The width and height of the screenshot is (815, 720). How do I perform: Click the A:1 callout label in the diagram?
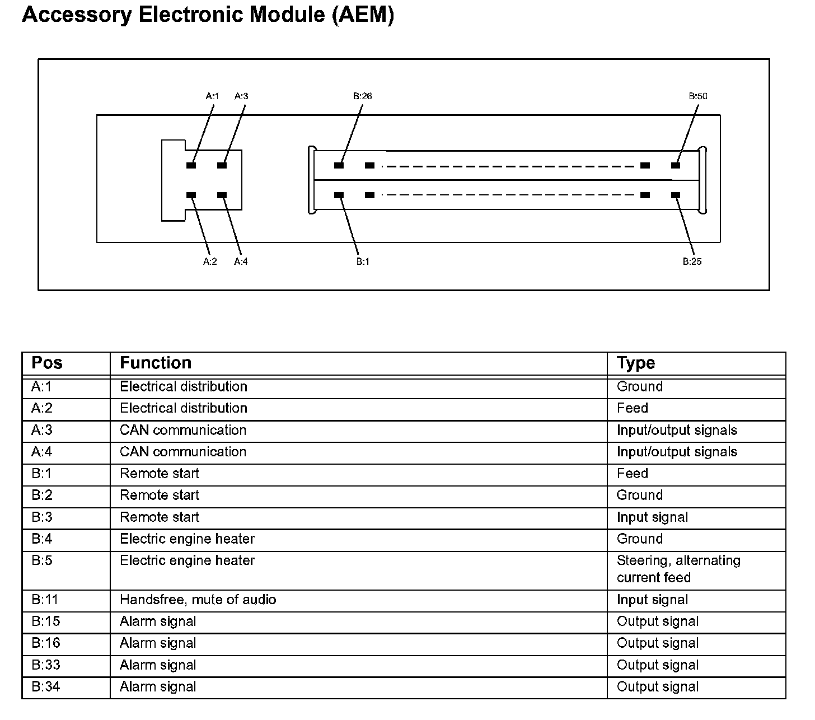pyautogui.click(x=212, y=96)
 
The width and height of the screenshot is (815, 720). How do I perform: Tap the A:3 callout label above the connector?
pyautogui.click(x=241, y=96)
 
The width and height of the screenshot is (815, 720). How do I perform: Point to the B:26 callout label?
pyautogui.click(x=362, y=96)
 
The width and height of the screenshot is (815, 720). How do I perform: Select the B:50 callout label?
pyautogui.click(x=698, y=96)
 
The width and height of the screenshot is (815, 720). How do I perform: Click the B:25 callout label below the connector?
pyautogui.click(x=692, y=261)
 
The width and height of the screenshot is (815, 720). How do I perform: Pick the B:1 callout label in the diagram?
pyautogui.click(x=363, y=261)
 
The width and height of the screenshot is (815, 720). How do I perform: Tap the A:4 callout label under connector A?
pyautogui.click(x=241, y=261)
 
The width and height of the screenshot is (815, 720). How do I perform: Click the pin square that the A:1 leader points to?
pyautogui.click(x=191, y=166)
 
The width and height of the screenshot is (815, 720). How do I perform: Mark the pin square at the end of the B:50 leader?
pyautogui.click(x=676, y=166)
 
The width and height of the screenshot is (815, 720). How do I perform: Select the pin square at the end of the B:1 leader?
pyautogui.click(x=339, y=195)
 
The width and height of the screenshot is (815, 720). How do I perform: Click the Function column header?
pyautogui.click(x=156, y=363)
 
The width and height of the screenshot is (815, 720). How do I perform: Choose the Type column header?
pyautogui.click(x=636, y=363)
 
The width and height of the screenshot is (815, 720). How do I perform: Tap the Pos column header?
pyautogui.click(x=47, y=363)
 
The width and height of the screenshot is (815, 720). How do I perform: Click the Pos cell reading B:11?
pyautogui.click(x=45, y=600)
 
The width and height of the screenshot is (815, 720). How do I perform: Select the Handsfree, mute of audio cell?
pyautogui.click(x=198, y=600)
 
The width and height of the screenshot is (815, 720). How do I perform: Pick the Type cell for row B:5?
pyautogui.click(x=678, y=569)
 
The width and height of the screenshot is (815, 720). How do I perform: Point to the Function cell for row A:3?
pyautogui.click(x=183, y=430)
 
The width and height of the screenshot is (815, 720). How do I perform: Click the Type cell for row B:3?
pyautogui.click(x=652, y=517)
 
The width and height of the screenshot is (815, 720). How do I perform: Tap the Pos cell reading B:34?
pyautogui.click(x=45, y=686)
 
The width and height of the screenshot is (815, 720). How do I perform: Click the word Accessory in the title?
pyautogui.click(x=77, y=15)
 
